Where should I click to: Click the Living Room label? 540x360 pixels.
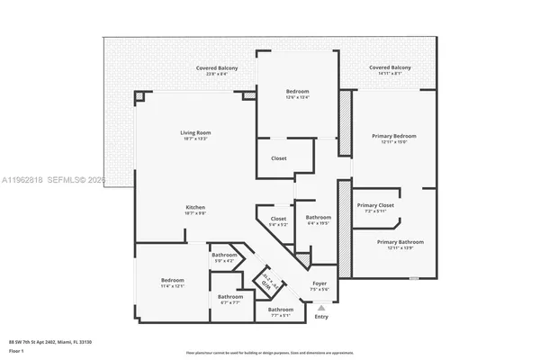[x=195, y=133]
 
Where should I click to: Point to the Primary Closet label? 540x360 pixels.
[x=374, y=206]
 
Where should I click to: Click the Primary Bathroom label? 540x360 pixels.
[x=400, y=242]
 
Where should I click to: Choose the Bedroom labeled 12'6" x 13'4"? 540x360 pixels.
[x=297, y=93]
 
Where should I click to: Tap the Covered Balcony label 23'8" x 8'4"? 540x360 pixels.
[x=217, y=68]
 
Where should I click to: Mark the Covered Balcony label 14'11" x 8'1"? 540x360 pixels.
[x=390, y=68]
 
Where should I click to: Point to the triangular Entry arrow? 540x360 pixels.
[x=321, y=308]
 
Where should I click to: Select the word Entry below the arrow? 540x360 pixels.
[x=321, y=317]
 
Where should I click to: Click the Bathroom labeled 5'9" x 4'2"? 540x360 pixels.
[x=224, y=256]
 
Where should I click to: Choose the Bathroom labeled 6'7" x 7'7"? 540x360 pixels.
[x=229, y=296]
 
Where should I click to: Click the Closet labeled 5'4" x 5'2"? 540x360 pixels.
[x=279, y=219]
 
